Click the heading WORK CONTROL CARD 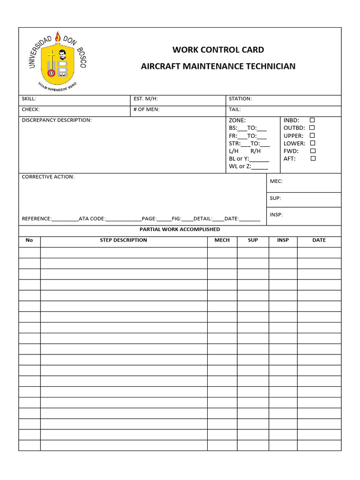[x=218, y=50]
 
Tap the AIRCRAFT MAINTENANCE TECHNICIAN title [x=218, y=66]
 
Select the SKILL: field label [x=29, y=99]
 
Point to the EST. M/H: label [x=146, y=99]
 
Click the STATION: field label [x=240, y=99]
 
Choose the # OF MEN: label [x=147, y=109]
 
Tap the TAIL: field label [x=234, y=109]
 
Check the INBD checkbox [x=312, y=120]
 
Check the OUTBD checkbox [x=312, y=127]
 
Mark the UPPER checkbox [x=312, y=135]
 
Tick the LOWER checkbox [x=313, y=143]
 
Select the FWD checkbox [x=313, y=151]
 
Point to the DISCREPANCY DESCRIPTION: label [x=57, y=120]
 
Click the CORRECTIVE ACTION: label [x=48, y=177]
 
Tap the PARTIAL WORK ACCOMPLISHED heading [x=180, y=229]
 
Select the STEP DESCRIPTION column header [x=123, y=240]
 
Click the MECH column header [x=222, y=240]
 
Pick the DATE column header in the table [x=319, y=240]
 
